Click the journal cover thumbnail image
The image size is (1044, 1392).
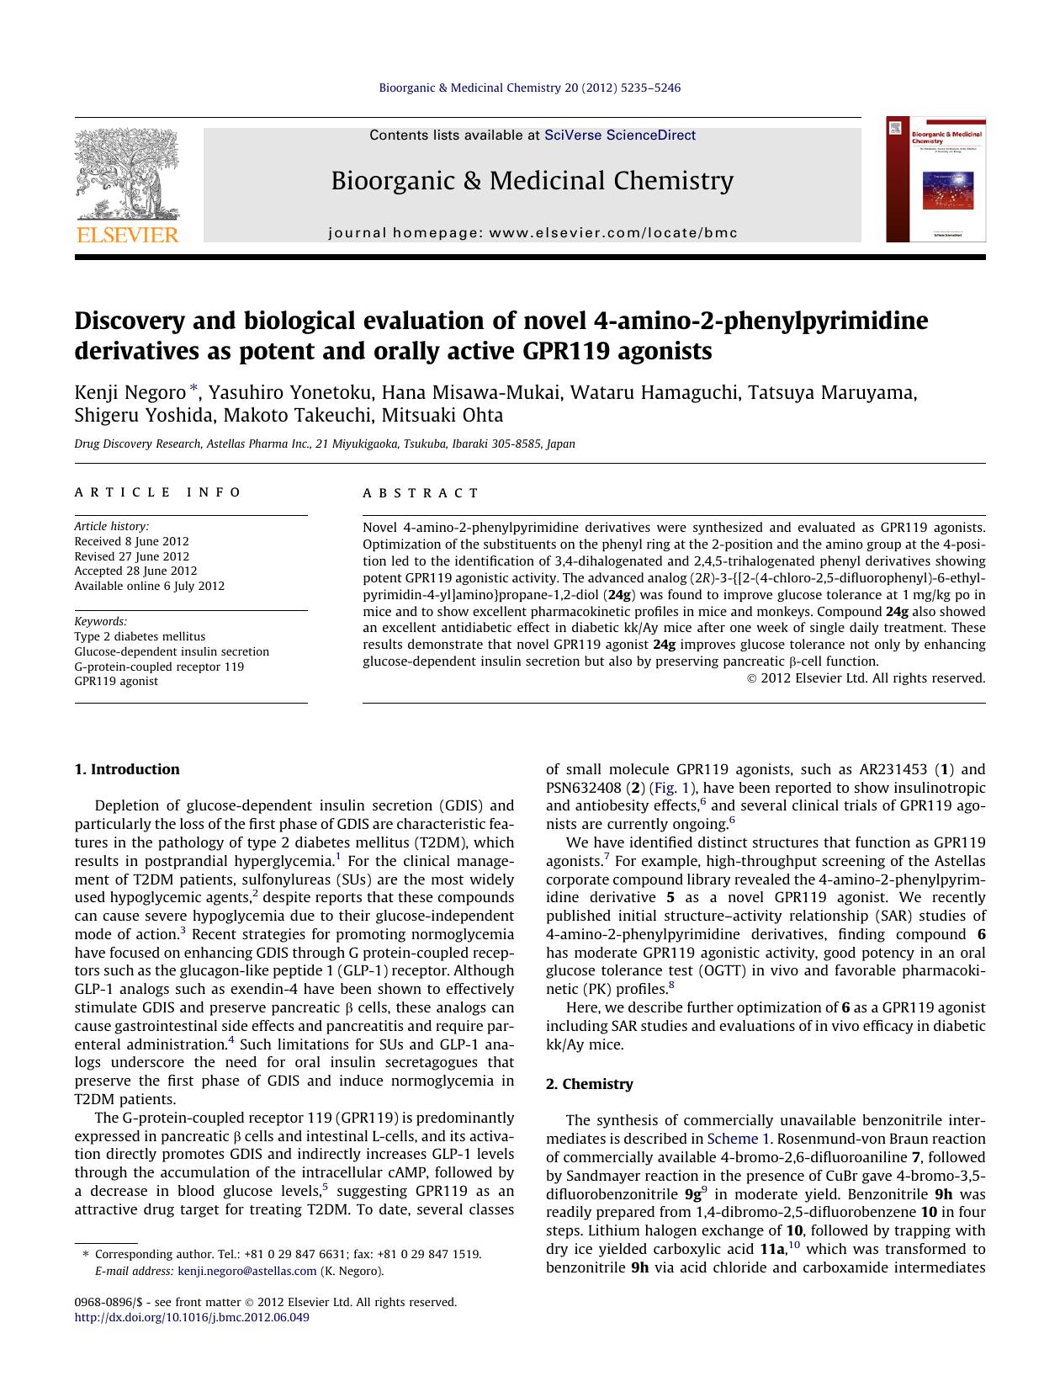(935, 179)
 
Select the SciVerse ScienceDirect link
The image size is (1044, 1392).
(619, 135)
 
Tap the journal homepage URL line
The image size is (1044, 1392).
(533, 233)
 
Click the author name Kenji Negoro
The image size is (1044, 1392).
(130, 392)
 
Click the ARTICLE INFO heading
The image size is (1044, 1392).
(158, 492)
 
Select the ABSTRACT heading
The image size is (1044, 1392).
(421, 493)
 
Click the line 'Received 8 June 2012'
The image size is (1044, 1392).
(131, 541)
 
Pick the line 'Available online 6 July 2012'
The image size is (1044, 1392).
(149, 586)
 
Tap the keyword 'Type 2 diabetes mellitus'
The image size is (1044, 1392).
(140, 636)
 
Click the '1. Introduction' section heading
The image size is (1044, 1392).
(127, 769)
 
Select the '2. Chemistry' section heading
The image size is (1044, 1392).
(589, 1084)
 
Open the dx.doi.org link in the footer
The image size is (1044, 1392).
(192, 1317)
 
